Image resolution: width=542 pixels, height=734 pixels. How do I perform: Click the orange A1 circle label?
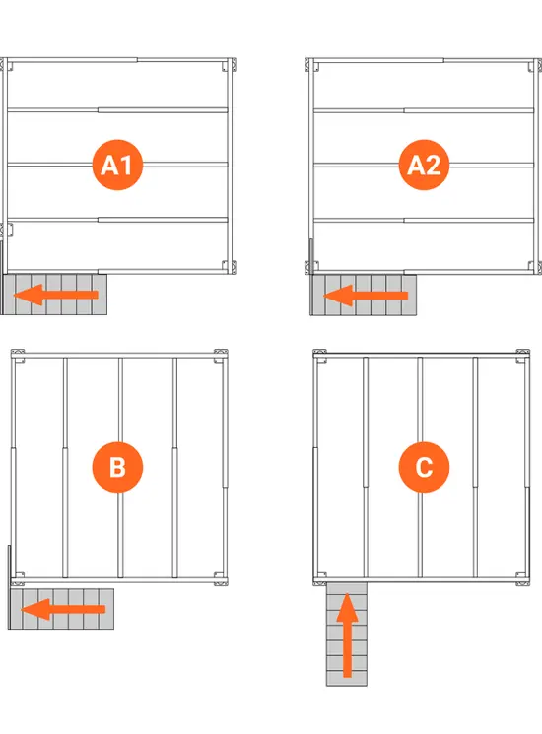point(117,165)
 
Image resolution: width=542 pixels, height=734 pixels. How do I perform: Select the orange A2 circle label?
point(424,165)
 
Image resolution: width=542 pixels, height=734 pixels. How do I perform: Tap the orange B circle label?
point(117,467)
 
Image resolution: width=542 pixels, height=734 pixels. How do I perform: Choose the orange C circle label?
point(424,467)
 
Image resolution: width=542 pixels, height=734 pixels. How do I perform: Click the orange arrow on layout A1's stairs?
point(56,295)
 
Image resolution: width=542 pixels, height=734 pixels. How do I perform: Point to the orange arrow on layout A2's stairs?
point(366,296)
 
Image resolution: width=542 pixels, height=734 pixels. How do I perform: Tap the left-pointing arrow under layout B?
point(63,609)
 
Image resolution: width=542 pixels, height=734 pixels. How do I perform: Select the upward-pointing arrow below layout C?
point(347,635)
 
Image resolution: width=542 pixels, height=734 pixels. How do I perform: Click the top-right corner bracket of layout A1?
point(229,65)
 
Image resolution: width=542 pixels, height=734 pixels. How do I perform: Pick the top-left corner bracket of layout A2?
point(312,65)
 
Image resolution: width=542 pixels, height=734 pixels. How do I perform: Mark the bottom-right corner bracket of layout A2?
point(535,267)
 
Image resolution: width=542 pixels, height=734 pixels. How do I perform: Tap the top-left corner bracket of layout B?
point(18,356)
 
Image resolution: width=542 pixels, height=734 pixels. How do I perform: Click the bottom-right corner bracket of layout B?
point(221,579)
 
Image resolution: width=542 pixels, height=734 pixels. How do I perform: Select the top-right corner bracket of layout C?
point(523,356)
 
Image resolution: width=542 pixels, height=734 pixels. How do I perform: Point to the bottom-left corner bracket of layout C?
point(319,579)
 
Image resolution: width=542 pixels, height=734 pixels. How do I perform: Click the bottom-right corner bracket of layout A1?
point(229,267)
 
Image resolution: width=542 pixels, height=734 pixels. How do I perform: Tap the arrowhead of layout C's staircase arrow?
point(347,607)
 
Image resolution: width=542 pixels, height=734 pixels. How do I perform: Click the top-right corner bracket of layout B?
point(221,356)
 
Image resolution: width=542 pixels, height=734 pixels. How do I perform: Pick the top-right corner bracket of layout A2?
point(535,65)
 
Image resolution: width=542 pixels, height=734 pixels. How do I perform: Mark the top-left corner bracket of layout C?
point(319,356)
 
